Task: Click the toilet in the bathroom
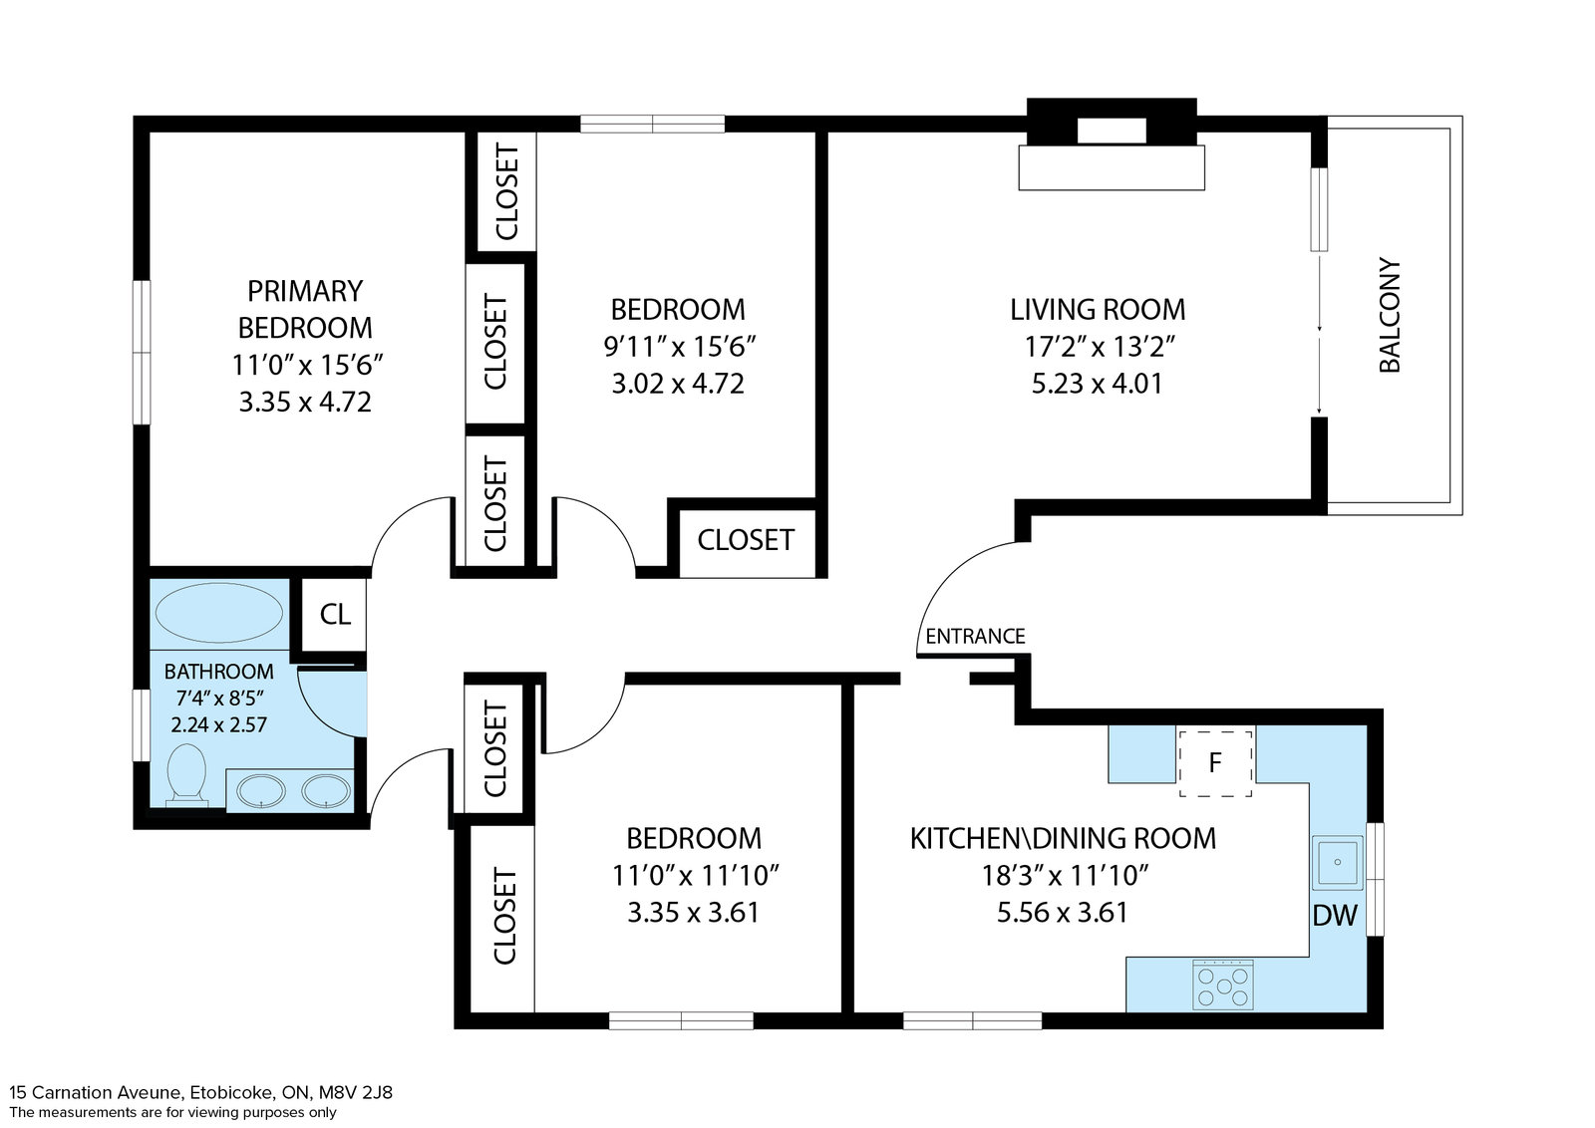186,775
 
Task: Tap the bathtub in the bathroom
219,613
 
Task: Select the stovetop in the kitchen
1223,985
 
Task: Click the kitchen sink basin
1337,863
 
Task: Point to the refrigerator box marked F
1215,763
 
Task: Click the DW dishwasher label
1335,916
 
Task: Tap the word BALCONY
1390,315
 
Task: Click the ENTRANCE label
975,636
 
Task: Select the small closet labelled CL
335,614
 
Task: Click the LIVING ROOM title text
1098,310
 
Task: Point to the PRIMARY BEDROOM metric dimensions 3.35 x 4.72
305,403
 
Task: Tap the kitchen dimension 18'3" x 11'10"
1066,875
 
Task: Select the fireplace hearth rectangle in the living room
1112,168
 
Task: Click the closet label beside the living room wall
746,540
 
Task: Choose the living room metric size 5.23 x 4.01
1097,384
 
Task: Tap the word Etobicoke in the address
232,1092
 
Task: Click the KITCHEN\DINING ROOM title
1063,838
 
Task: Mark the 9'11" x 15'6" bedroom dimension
679,347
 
